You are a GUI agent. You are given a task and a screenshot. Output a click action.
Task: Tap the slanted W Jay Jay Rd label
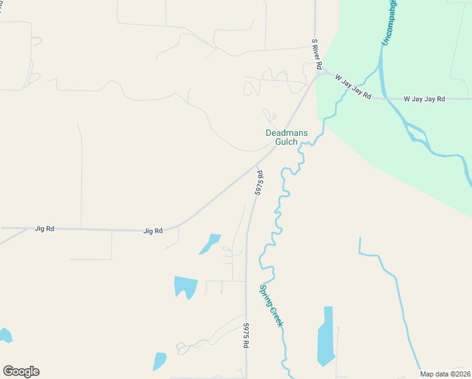(351, 86)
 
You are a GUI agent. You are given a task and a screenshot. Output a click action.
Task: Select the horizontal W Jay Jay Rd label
(425, 99)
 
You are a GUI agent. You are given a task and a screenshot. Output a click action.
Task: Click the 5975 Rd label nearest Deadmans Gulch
(259, 182)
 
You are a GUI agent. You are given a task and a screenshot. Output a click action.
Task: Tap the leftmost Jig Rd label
(45, 229)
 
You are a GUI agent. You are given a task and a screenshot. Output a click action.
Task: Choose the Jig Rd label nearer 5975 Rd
(153, 231)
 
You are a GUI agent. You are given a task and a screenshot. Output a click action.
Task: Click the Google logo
(21, 371)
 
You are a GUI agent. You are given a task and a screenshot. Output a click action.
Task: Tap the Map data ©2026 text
(444, 374)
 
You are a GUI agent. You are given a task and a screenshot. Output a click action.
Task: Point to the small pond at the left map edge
(4, 335)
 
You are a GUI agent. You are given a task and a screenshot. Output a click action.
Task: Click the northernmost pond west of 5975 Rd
(210, 244)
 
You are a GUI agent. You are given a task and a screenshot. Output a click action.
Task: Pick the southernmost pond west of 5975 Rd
(160, 361)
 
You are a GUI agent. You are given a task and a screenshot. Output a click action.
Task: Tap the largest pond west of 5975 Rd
(186, 286)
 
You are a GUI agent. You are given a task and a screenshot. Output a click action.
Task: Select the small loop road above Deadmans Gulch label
(270, 116)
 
